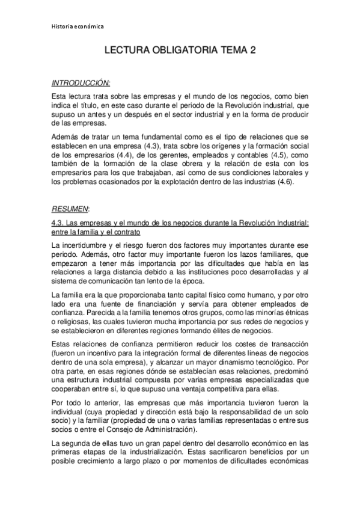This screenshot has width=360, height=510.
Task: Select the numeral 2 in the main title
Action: point(253,52)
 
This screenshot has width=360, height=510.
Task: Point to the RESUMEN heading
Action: point(70,209)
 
